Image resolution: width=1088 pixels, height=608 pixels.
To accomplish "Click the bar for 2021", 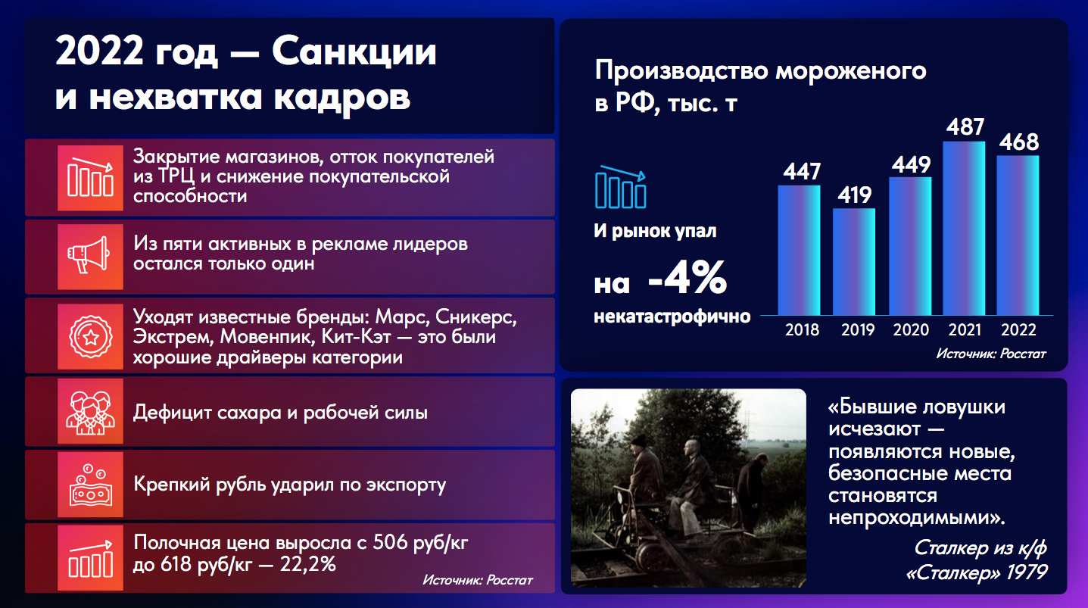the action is coord(964,228).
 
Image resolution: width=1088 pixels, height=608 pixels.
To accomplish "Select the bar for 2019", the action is coord(854,262).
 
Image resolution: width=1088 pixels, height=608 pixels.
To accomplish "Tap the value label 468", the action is coord(1019,142).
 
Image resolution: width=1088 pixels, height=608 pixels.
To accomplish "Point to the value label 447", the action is coord(802,171).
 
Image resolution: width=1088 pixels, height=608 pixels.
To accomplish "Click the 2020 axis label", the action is coord(911,330).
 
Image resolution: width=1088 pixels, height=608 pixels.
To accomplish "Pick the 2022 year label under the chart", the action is coord(1018,330).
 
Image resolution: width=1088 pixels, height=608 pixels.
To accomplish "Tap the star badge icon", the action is coord(90,336).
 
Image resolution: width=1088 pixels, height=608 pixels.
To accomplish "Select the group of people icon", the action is coord(90,413).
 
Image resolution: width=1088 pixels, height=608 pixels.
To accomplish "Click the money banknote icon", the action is coord(90,485).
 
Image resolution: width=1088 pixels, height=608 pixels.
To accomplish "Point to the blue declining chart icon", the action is coord(621,187).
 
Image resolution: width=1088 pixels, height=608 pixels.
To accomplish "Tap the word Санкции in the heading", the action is coord(354,51).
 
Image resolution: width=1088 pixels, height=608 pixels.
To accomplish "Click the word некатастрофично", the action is coord(672,316).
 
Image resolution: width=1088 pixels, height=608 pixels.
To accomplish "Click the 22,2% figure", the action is coord(307,564).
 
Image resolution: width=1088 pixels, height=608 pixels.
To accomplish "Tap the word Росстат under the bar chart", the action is coord(1023,354).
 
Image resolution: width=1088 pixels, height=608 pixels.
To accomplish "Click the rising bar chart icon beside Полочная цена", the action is coord(90,558).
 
